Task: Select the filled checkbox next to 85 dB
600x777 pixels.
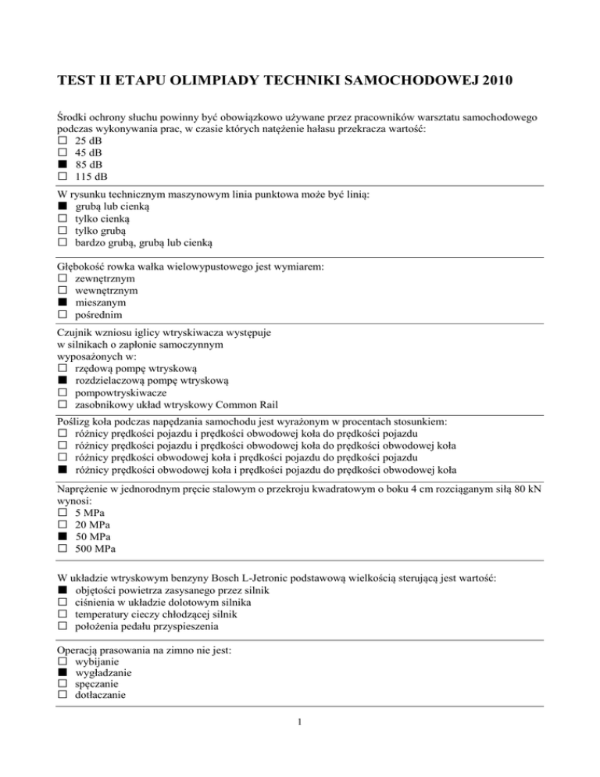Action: (62, 166)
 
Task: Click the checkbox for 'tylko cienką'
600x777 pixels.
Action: (62, 219)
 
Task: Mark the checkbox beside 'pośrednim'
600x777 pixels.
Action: (62, 314)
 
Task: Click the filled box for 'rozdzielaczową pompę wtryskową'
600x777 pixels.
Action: (62, 381)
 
